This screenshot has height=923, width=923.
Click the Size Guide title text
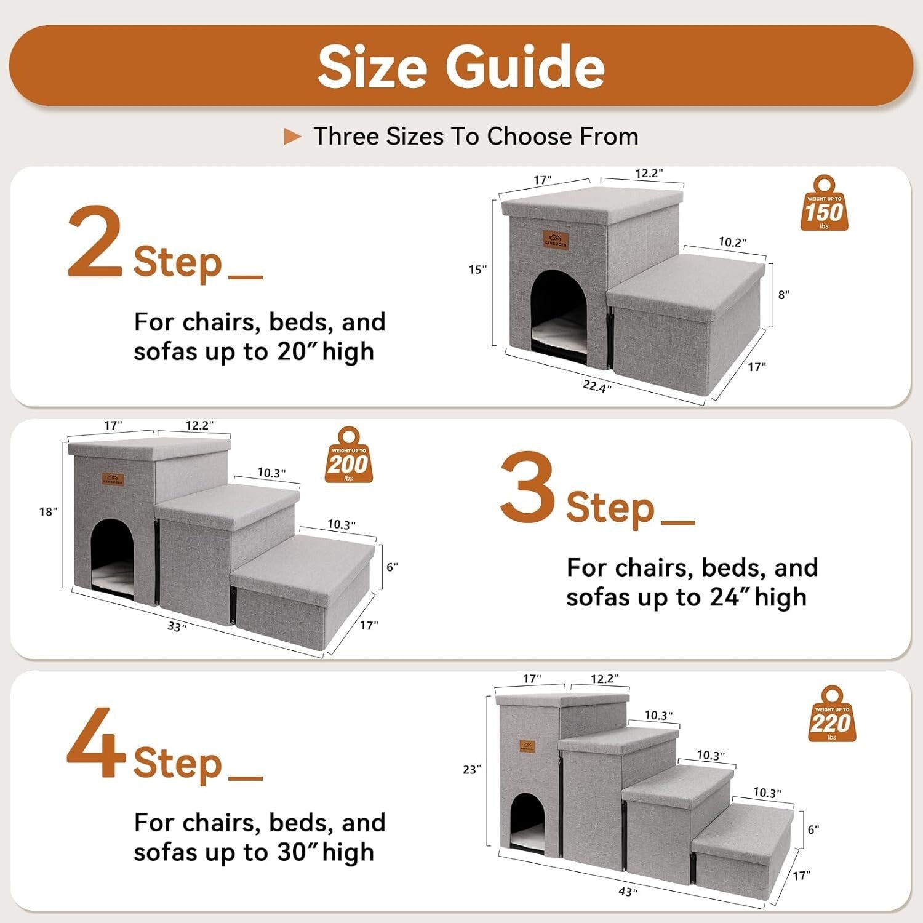point(461,66)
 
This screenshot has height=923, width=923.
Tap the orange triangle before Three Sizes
point(292,137)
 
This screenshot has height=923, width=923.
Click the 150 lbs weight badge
point(824,204)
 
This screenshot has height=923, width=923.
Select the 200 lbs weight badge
point(348,456)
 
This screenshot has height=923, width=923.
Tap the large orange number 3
point(527,487)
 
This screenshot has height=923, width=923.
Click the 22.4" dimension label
point(597,386)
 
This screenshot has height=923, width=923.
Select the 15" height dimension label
point(477,270)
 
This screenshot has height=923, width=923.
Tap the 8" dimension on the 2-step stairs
point(783,295)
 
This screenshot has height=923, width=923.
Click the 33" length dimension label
point(177,626)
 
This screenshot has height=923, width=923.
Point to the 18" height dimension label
point(47,512)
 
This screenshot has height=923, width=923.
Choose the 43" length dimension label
point(628,892)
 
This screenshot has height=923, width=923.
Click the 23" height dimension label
point(471,770)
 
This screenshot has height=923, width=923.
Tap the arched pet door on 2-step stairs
point(559,311)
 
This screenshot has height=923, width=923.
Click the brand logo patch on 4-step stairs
point(527,747)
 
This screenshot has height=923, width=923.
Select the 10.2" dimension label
point(732,242)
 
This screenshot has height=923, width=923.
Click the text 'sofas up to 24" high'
point(685,597)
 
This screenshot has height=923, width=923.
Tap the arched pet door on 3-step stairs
point(113,556)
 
